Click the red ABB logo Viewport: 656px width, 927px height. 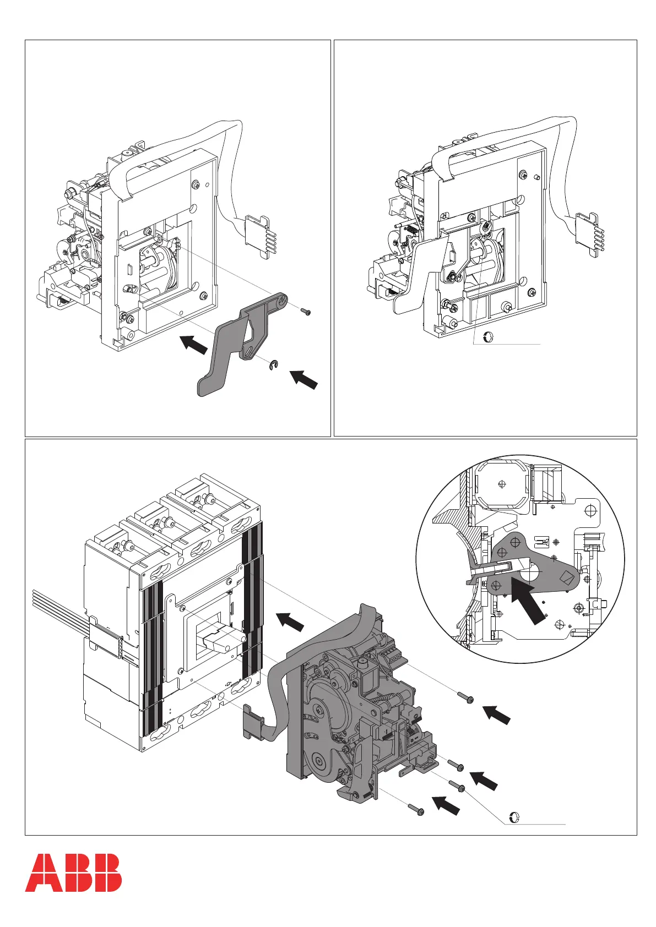pyautogui.click(x=73, y=873)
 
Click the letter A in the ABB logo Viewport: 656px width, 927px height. pyautogui.click(x=41, y=873)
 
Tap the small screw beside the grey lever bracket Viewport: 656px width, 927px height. pyautogui.click(x=306, y=312)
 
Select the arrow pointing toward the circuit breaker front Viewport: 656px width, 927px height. pyautogui.click(x=290, y=622)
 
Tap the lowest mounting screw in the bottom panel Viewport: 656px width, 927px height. pyautogui.click(x=415, y=810)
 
